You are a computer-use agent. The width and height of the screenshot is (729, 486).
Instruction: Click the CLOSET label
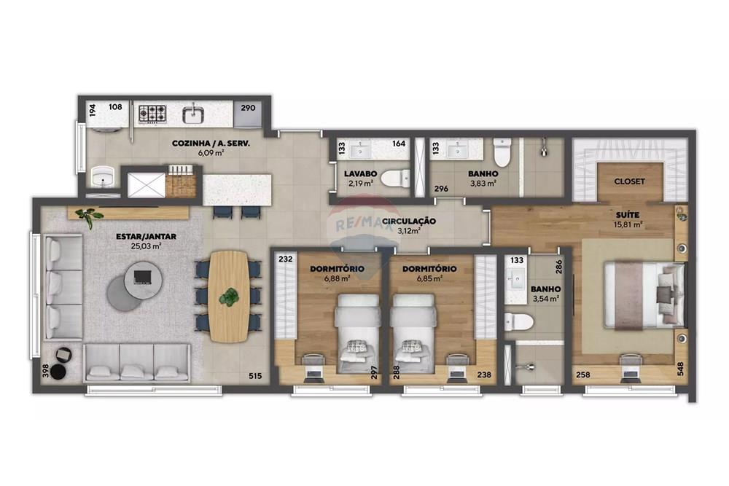629,181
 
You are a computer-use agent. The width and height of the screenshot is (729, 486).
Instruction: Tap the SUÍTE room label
627,215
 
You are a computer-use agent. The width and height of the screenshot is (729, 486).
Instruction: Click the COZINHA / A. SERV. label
211,144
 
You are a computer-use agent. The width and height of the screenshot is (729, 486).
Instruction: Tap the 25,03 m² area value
146,246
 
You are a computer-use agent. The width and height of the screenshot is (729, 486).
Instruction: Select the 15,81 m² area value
627,225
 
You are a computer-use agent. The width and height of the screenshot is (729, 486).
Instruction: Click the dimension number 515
254,376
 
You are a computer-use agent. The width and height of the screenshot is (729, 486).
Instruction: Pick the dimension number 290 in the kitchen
248,108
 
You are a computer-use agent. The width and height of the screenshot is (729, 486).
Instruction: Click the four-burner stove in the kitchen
152,113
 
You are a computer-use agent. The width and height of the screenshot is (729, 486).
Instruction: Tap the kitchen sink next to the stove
195,114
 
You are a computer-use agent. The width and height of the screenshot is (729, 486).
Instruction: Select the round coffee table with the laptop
141,277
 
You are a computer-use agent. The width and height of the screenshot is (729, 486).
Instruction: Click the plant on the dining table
230,297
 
